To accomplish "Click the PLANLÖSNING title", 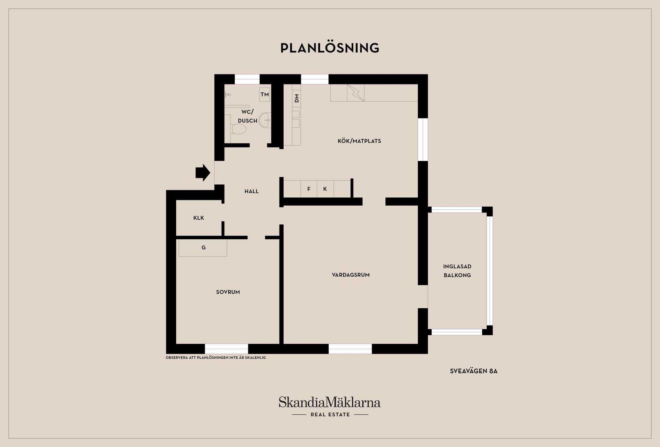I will (330, 48).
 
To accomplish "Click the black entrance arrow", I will (203, 172).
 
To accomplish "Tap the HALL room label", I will (251, 191).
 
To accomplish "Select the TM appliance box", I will (264, 94).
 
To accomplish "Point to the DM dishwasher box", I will (296, 98).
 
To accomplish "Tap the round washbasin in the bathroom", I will (265, 120).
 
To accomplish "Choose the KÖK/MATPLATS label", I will (359, 141).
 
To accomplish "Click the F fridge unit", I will (309, 189).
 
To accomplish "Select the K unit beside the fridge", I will (325, 189).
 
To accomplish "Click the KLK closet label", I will (199, 218).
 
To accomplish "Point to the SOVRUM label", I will (228, 292).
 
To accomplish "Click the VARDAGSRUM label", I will (351, 275).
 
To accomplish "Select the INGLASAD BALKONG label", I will (457, 271).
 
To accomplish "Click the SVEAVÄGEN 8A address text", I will (473, 371).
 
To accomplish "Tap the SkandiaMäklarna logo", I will (330, 402).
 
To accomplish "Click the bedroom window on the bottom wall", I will (226, 348).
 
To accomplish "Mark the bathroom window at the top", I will (247, 79).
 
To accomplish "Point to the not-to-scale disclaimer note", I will (216, 358).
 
